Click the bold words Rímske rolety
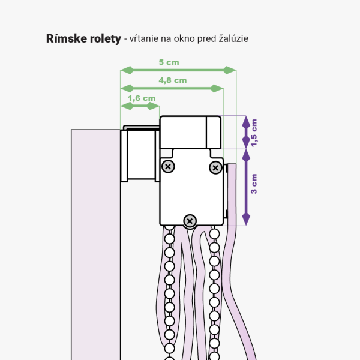click(x=83, y=38)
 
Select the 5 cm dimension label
click(x=169, y=62)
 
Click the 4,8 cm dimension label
click(x=173, y=80)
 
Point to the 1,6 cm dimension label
click(x=142, y=98)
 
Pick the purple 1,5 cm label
click(x=254, y=133)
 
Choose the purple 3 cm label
click(x=254, y=184)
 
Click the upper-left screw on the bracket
click(x=168, y=166)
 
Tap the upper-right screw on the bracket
click(x=215, y=167)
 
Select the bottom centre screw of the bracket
click(x=190, y=221)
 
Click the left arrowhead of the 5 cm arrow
click(x=127, y=70)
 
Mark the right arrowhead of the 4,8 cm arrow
click(x=217, y=88)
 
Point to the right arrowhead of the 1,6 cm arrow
click(x=153, y=106)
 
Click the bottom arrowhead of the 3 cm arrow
click(x=246, y=219)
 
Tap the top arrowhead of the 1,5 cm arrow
click(x=246, y=122)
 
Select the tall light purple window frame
click(x=96, y=245)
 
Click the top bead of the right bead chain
click(x=214, y=234)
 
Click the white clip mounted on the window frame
click(x=140, y=154)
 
